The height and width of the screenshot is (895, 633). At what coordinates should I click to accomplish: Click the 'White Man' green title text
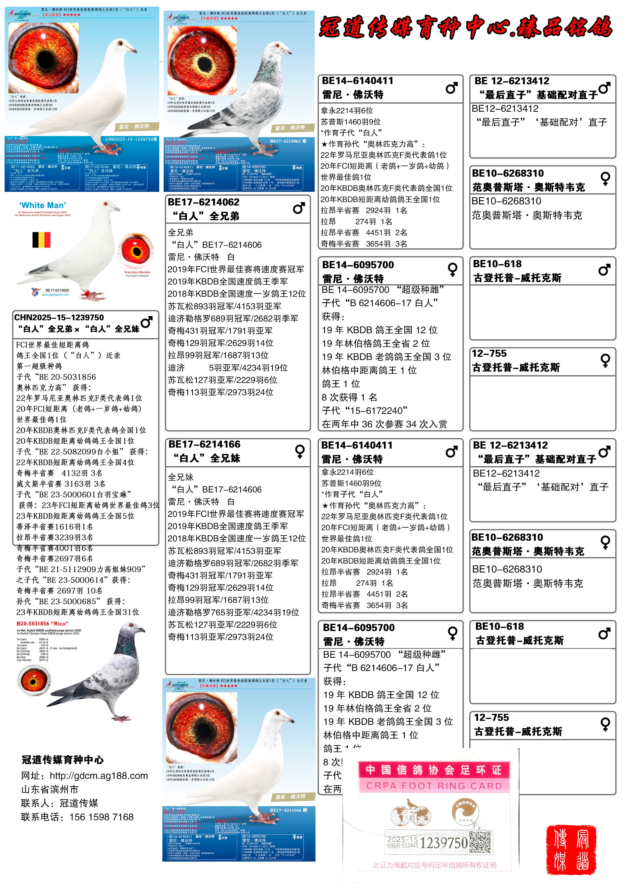click(43, 205)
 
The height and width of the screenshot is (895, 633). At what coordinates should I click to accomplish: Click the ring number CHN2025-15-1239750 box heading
click(59, 318)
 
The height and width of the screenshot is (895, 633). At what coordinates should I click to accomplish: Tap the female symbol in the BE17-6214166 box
click(300, 451)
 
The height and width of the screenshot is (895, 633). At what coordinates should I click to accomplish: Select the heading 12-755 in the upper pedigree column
click(489, 354)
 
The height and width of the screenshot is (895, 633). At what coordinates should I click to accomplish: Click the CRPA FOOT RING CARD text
click(434, 786)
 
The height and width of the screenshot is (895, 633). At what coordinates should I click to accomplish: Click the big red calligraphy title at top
click(466, 27)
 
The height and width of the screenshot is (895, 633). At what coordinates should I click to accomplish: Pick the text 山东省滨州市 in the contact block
click(50, 789)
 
